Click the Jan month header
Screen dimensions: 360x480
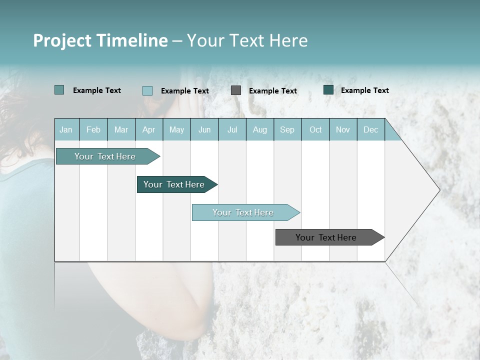[x=66, y=129]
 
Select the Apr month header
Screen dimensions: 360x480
[x=149, y=129]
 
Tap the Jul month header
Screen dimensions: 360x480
[x=232, y=129]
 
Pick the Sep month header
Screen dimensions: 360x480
[x=287, y=129]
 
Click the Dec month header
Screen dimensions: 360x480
[x=370, y=129]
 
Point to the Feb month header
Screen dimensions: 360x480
[x=93, y=129]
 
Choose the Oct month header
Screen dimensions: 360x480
[x=315, y=129]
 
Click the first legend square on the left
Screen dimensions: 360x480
[x=59, y=90]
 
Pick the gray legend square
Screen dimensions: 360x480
[x=236, y=90]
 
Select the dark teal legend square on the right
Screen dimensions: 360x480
[x=328, y=90]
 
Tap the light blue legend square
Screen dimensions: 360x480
[x=147, y=90]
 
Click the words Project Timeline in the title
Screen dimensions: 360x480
[x=100, y=40]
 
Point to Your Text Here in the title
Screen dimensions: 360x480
[x=247, y=40]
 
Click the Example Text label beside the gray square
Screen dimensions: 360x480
[x=273, y=90]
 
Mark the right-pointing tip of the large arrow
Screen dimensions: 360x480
[x=438, y=190]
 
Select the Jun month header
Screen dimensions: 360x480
[x=204, y=129]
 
